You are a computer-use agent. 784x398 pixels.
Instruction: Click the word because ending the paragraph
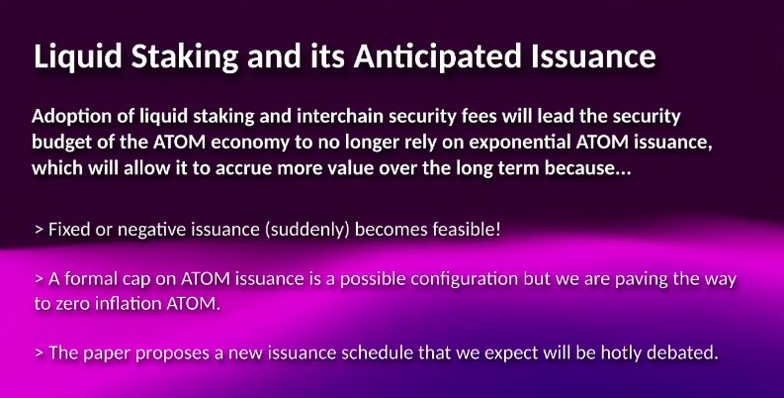[x=584, y=167]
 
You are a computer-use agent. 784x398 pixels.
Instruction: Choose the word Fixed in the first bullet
[x=69, y=230]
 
